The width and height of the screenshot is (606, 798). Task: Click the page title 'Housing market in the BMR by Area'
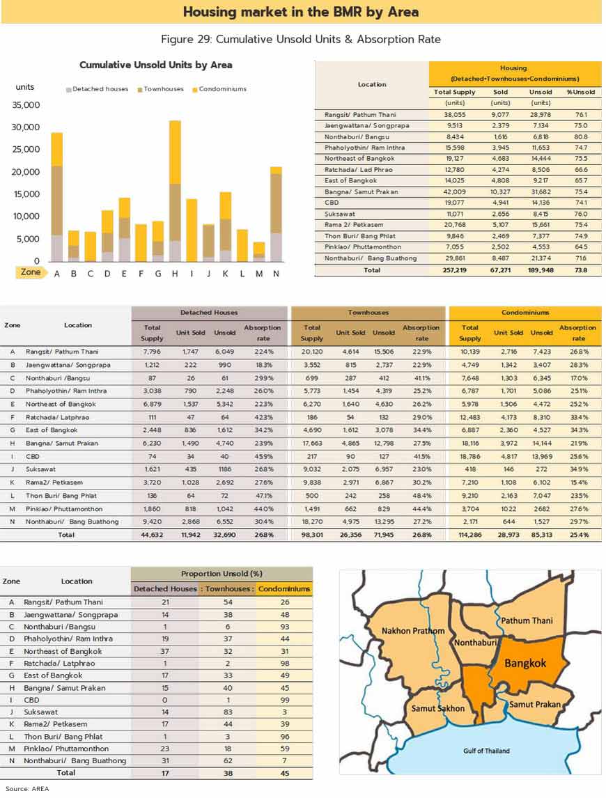point(301,12)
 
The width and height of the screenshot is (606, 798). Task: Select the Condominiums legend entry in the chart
point(222,89)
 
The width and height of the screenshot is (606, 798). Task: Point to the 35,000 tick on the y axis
point(26,105)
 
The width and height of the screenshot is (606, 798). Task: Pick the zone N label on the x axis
point(276,273)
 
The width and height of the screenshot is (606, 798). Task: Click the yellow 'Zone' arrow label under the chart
point(31,272)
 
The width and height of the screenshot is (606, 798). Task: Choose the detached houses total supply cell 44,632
point(152,535)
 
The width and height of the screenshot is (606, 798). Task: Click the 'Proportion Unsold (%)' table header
point(222,574)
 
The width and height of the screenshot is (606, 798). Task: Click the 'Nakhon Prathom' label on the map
point(413,632)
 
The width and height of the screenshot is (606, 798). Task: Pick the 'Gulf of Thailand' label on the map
point(486,751)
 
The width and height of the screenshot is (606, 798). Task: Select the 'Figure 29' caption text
point(300,39)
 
